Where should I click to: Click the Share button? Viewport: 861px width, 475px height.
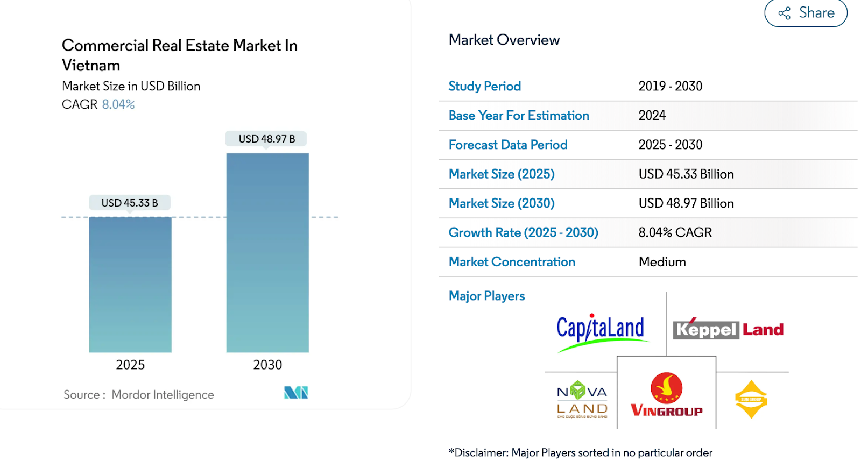coord(806,13)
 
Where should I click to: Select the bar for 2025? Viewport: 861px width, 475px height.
coord(130,285)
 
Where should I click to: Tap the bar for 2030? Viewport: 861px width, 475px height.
coord(267,253)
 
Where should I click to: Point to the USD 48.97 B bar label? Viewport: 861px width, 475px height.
coord(267,139)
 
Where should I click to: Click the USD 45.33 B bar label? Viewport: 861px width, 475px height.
coord(130,203)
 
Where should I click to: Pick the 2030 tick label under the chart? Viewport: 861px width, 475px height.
coord(267,365)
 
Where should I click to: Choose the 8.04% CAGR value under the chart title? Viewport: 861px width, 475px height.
coord(118,104)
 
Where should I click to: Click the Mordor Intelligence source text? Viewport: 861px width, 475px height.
coord(163,395)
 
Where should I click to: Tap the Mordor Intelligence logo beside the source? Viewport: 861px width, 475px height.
coord(296,393)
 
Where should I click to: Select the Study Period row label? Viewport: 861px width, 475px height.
coord(484,86)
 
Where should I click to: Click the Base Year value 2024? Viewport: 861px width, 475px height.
coord(652,116)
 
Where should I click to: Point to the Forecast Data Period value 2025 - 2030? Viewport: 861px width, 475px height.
coord(670,145)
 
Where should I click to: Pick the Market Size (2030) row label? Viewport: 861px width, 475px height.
coord(501,203)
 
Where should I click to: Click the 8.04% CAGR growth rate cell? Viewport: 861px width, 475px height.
coord(675,232)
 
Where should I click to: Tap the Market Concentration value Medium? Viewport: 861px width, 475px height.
coord(662,262)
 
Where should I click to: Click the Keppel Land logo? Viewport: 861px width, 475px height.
coord(728,329)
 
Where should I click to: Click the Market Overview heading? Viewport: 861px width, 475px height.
coord(504,40)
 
